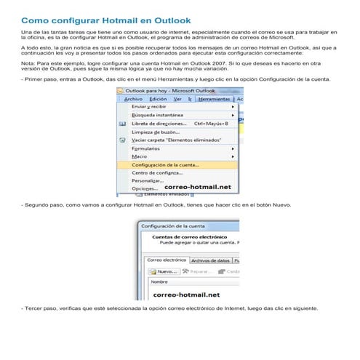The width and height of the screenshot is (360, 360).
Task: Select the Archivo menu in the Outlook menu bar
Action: (x=133, y=99)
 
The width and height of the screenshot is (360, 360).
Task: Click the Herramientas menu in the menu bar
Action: (x=215, y=99)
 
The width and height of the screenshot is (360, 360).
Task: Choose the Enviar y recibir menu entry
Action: (x=149, y=107)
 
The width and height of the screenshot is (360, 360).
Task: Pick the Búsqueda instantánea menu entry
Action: (x=158, y=115)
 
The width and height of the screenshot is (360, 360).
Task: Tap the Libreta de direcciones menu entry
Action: (x=159, y=124)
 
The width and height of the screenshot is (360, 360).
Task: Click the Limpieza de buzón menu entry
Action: (x=156, y=132)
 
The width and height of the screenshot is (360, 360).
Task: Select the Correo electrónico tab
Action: (x=167, y=260)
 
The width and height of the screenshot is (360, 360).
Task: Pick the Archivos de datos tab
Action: (x=210, y=260)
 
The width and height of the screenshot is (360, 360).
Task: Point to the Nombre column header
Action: (x=159, y=282)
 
